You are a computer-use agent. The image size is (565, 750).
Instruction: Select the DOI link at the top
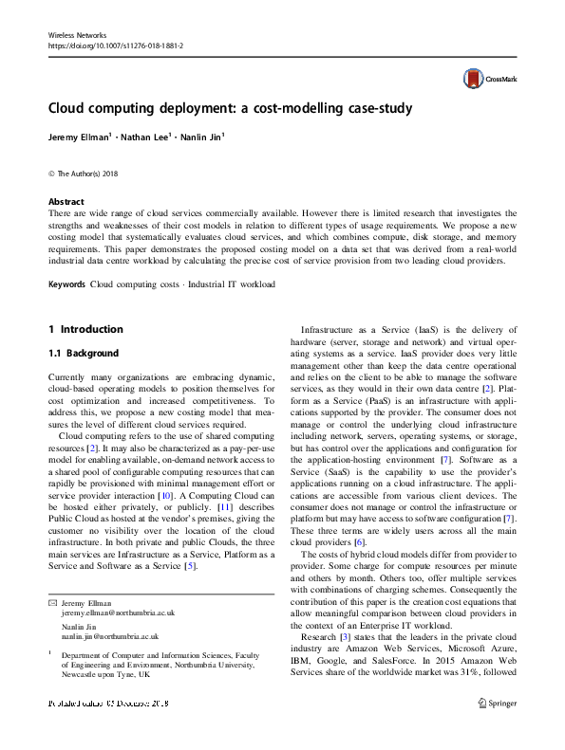pos(115,46)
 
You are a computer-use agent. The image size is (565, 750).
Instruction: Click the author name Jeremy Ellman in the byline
pos(80,137)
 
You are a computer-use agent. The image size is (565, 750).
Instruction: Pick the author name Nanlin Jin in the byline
pos(202,137)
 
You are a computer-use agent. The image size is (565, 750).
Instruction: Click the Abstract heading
pos(66,202)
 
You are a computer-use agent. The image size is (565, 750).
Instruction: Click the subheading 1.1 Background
pos(84,354)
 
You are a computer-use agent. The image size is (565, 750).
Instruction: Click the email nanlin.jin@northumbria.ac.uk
pos(104,637)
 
